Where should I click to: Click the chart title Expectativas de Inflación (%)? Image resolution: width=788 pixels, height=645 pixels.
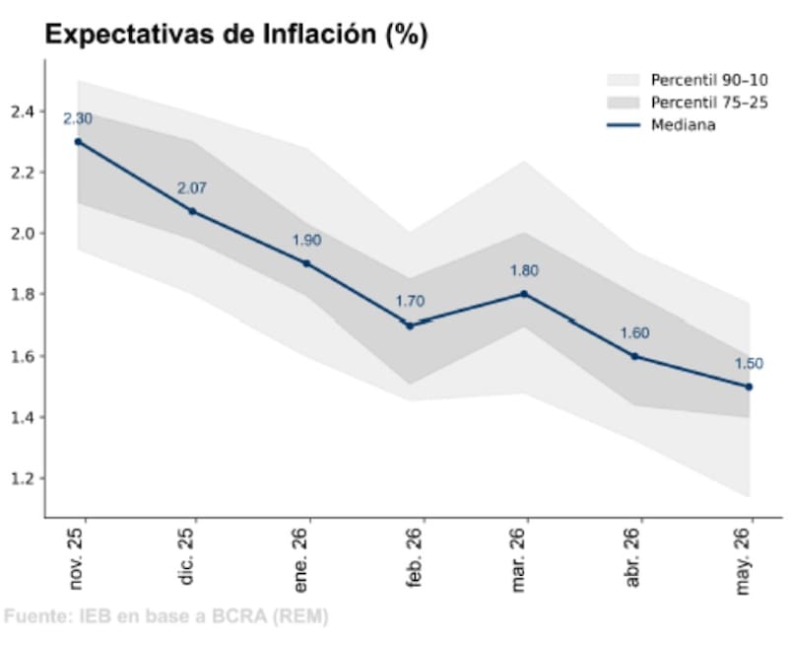(x=236, y=36)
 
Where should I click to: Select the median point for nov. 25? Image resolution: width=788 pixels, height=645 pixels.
(x=78, y=141)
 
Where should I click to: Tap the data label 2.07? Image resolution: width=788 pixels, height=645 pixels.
(x=192, y=187)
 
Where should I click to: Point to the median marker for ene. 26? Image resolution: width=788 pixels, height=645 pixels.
(x=306, y=263)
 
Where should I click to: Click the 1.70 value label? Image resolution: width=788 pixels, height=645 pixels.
(x=412, y=302)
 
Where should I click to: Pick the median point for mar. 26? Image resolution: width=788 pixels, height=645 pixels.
(x=524, y=294)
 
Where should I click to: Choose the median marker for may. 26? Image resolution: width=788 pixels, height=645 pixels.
(x=749, y=387)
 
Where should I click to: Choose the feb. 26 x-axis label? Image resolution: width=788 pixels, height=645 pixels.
(x=416, y=560)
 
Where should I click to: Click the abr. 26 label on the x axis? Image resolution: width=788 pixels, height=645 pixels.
(x=633, y=560)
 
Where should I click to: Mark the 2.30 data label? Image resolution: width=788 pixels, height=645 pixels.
(x=78, y=118)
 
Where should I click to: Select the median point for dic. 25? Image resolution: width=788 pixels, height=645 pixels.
(x=192, y=211)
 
